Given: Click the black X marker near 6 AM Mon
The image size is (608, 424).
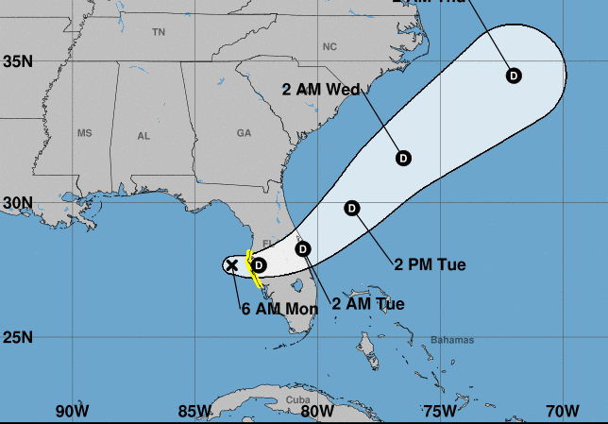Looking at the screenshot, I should (x=232, y=265).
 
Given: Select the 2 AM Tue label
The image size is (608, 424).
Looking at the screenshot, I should (x=368, y=304).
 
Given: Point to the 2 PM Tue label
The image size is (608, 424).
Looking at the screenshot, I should (x=430, y=264).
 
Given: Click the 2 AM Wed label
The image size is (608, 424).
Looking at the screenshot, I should (x=322, y=90).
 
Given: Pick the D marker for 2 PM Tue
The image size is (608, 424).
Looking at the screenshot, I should (x=352, y=208).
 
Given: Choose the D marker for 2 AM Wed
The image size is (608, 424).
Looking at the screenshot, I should (x=403, y=158).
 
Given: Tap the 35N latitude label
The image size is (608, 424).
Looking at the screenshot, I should (x=18, y=61).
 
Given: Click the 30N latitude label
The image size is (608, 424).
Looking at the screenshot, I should (x=18, y=202).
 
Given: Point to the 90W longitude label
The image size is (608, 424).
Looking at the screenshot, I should (x=72, y=411).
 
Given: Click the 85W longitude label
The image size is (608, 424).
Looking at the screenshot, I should (x=194, y=411).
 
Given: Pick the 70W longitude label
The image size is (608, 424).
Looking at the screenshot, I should (x=563, y=411).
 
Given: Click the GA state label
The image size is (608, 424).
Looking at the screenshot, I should (x=245, y=134).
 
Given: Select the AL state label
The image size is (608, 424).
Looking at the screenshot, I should (x=144, y=136).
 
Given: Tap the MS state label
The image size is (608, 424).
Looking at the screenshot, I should (x=85, y=133).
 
